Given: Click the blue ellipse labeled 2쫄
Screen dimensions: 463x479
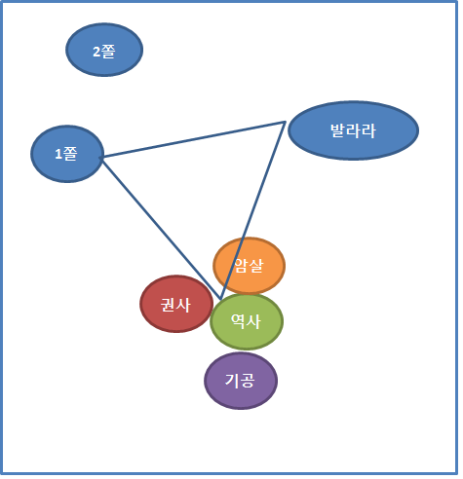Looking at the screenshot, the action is (104, 50).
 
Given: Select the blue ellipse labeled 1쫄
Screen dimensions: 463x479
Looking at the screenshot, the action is (67, 154).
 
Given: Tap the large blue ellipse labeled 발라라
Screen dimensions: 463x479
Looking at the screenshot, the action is (354, 130).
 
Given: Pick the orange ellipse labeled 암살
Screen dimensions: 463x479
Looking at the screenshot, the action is (250, 266).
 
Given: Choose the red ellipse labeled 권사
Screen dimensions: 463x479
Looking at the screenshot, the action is (176, 304).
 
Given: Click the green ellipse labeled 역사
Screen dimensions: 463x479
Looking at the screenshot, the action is (247, 321).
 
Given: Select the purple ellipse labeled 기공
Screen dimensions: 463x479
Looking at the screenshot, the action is (241, 381).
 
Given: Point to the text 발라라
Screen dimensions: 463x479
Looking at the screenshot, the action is (353, 130).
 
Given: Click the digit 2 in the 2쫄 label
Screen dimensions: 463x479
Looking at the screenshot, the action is (97, 52).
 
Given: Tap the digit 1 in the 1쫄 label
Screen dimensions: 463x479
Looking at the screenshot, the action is (58, 154).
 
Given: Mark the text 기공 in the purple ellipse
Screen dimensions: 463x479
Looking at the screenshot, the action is (240, 381).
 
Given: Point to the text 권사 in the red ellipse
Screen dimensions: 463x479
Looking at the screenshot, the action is (175, 305).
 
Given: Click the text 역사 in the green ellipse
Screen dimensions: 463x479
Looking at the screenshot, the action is (246, 321).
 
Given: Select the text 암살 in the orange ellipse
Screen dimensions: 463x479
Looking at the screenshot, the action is (249, 266).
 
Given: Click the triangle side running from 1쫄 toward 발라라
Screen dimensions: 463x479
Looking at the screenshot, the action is (193, 140).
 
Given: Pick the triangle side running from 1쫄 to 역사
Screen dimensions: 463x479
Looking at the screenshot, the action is (161, 229).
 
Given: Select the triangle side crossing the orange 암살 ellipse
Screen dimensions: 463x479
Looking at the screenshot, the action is (253, 210).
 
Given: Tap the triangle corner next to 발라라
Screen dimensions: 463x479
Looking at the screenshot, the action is (285, 122).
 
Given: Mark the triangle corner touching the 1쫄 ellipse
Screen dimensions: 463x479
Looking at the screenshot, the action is (101, 158).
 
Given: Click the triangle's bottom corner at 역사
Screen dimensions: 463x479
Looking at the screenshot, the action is (220, 299).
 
